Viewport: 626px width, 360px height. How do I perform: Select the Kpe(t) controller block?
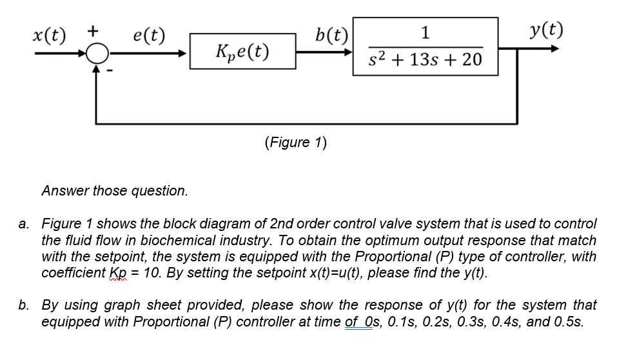point(242,52)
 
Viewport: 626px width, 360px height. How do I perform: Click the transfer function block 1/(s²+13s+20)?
point(425,46)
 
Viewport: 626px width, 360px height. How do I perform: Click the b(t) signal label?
point(333,34)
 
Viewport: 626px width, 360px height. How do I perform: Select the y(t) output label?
point(546,30)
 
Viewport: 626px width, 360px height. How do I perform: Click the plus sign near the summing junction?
point(93,30)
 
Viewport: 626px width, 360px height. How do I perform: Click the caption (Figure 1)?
point(296,142)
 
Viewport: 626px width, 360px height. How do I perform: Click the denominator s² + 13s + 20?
point(425,60)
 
